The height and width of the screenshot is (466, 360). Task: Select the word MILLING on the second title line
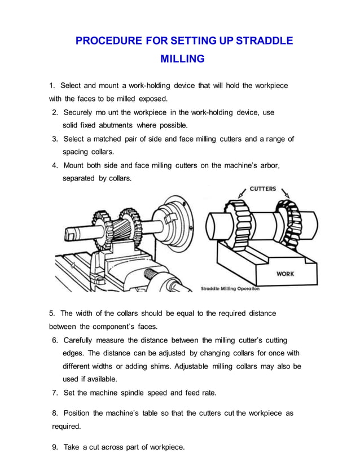coord(182,59)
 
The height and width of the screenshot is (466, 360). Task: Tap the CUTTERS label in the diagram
coord(263,189)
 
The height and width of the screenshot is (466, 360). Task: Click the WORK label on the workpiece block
coord(284,274)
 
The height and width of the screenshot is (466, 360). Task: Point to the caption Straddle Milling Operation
coord(230,288)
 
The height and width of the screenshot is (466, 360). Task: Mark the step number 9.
coord(55,447)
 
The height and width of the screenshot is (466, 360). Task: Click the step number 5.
coord(52,313)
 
